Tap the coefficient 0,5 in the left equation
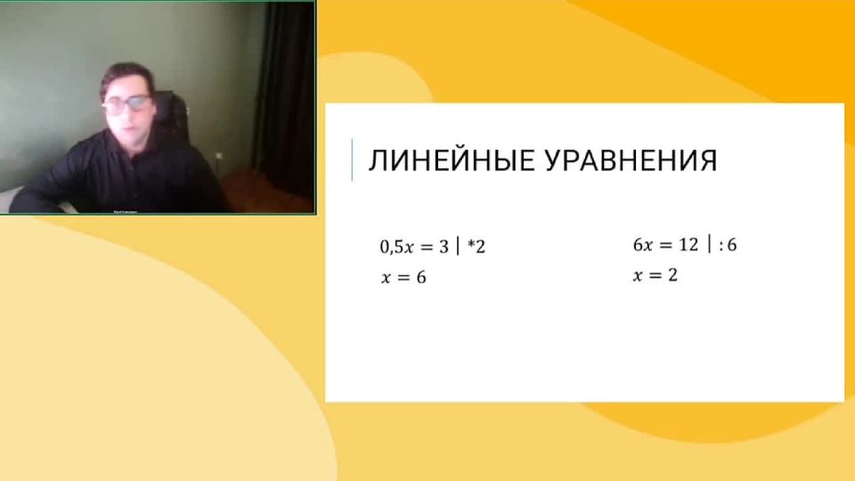pyautogui.click(x=392, y=247)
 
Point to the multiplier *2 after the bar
pyautogui.click(x=476, y=247)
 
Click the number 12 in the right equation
pyautogui.click(x=687, y=245)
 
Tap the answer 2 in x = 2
pyautogui.click(x=672, y=276)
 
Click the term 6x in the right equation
pyautogui.click(x=643, y=245)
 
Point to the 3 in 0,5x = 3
pyautogui.click(x=444, y=247)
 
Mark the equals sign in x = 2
pyautogui.click(x=655, y=276)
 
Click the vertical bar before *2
pyautogui.click(x=458, y=247)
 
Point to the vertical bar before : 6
pyautogui.click(x=709, y=245)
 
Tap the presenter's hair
pyautogui.click(x=125, y=74)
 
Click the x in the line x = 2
pyautogui.click(x=638, y=276)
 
